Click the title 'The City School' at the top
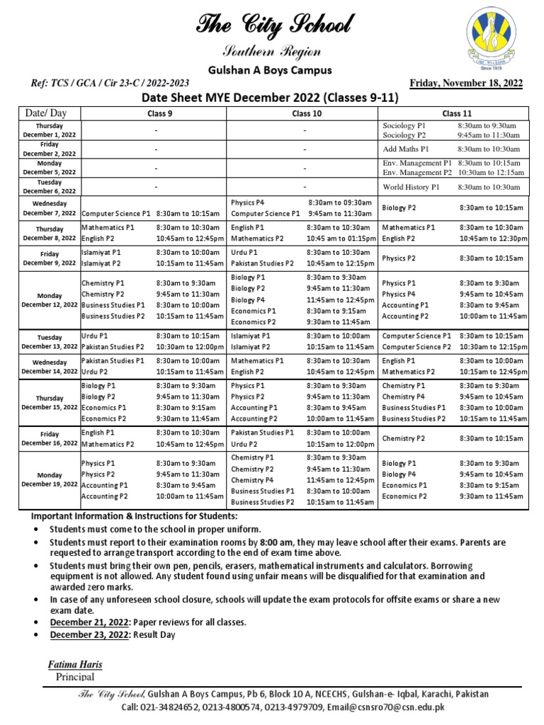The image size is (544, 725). pyautogui.click(x=273, y=27)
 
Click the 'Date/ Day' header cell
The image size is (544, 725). pyautogui.click(x=45, y=113)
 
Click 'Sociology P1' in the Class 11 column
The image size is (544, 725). pyautogui.click(x=404, y=125)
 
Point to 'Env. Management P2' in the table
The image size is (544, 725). pyautogui.click(x=416, y=172)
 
